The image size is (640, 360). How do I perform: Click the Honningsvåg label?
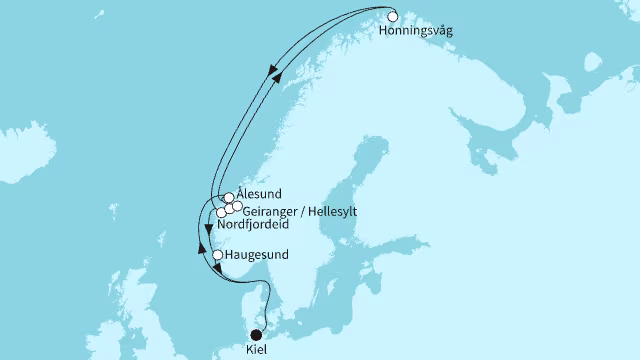(417, 32)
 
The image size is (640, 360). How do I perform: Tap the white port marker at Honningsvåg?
(393, 17)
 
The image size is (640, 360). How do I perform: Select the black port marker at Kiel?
(256, 335)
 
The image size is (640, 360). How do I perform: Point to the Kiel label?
(257, 352)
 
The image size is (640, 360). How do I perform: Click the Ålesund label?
(260, 193)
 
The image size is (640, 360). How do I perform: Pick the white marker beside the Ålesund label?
(229, 198)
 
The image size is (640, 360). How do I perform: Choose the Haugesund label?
(257, 255)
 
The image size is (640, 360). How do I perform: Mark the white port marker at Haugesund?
(218, 255)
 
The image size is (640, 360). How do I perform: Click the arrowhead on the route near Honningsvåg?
(271, 69)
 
